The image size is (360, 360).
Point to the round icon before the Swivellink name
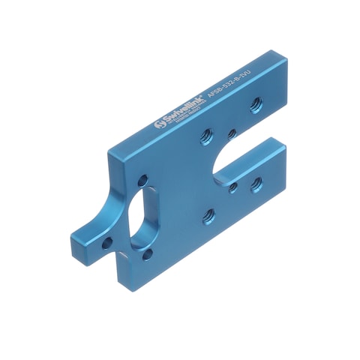158,124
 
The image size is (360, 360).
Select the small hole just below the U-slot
234,186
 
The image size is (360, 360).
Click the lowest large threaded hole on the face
208,216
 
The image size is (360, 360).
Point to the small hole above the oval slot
142,181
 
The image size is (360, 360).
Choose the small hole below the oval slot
147,254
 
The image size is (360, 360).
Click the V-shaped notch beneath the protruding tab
115,259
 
